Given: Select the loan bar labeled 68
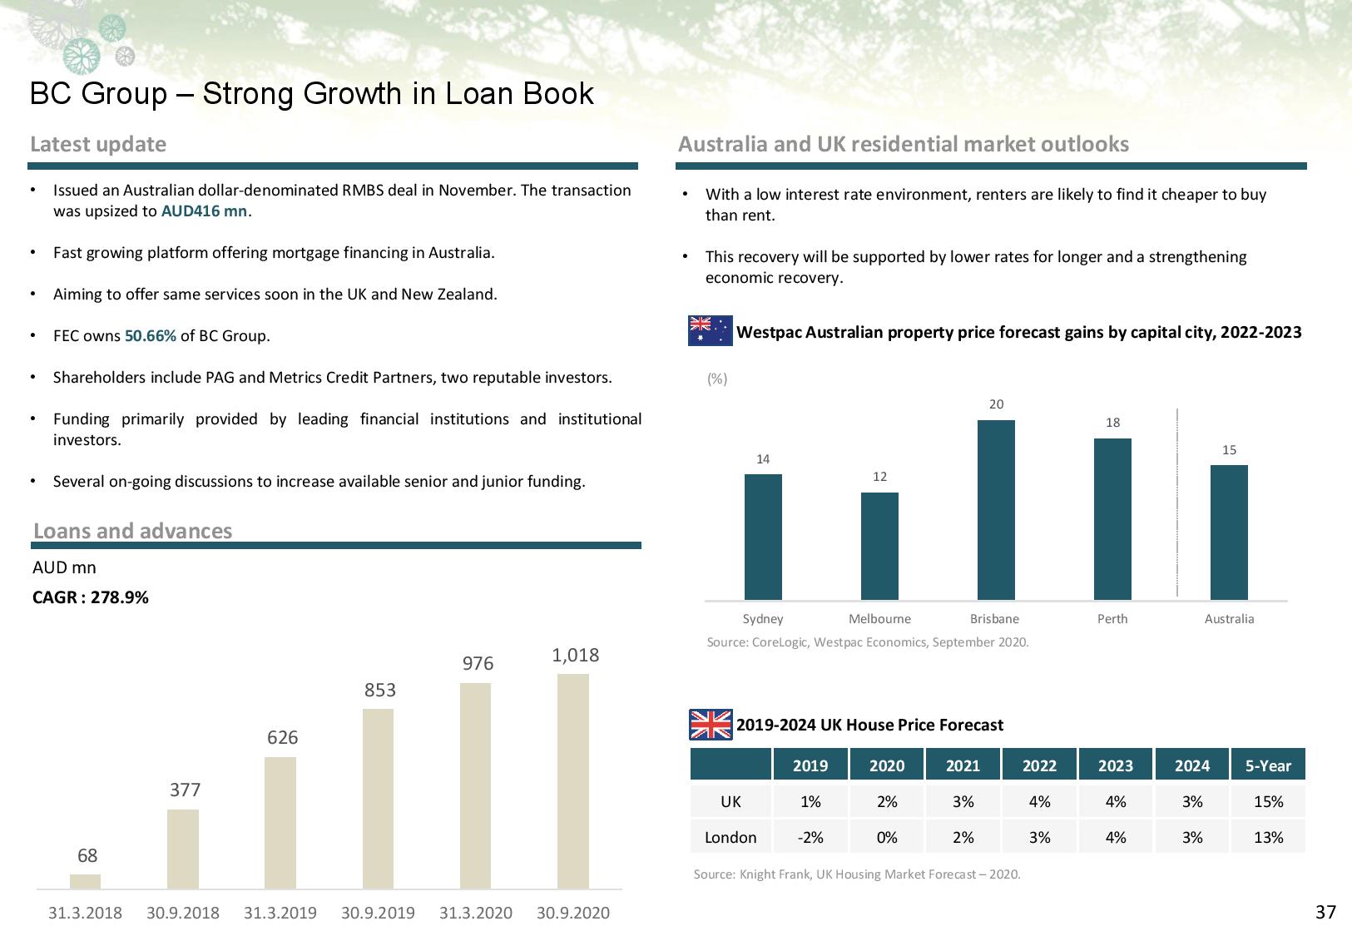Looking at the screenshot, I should click(x=85, y=881).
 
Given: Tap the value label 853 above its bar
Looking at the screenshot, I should click(x=380, y=690).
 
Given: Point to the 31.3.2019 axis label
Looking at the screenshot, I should click(x=280, y=913).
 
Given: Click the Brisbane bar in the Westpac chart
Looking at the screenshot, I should click(x=996, y=509).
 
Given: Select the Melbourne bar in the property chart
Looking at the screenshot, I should click(x=879, y=546).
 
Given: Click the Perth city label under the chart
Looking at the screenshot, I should click(x=1112, y=619).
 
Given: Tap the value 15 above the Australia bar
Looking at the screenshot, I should click(x=1229, y=450).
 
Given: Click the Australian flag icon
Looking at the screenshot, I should click(x=710, y=331).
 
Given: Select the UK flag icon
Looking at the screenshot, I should click(x=711, y=725).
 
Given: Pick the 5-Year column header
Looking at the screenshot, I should click(x=1268, y=765).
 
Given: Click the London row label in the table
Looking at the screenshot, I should click(x=730, y=837).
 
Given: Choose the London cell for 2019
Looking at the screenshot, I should click(x=810, y=837).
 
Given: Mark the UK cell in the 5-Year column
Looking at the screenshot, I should click(x=1268, y=801).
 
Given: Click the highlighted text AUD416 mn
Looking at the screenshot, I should click(x=204, y=211).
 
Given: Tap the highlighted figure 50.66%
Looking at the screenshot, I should click(x=151, y=336).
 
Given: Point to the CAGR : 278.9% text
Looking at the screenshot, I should click(x=91, y=597).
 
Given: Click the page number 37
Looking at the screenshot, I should click(x=1325, y=912).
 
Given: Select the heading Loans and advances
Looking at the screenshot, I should click(x=133, y=531).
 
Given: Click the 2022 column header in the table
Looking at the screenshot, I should click(x=1039, y=765).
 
